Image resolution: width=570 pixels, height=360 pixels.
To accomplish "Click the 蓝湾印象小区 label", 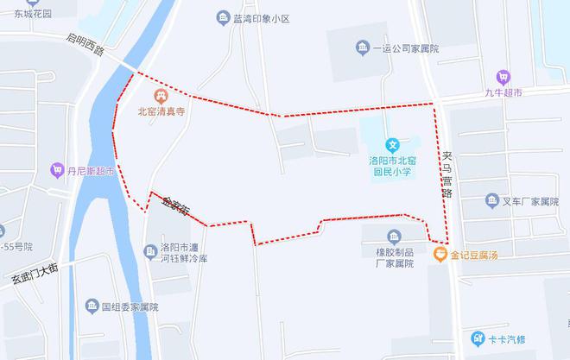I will (x=262, y=18).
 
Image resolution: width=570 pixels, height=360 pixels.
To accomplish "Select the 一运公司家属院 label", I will (x=406, y=48).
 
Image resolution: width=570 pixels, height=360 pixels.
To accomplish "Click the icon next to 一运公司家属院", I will (x=361, y=47).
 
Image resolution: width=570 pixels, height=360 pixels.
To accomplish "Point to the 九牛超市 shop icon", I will (x=503, y=77).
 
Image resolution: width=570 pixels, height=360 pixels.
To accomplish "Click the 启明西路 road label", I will (x=85, y=44).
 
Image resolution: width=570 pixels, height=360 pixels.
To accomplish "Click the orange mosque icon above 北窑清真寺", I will (x=160, y=95).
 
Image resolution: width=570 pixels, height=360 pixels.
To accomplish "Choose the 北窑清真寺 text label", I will (x=161, y=111).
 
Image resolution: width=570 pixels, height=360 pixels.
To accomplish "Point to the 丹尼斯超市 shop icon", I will (x=58, y=170).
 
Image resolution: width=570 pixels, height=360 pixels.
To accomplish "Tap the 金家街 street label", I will (x=176, y=205).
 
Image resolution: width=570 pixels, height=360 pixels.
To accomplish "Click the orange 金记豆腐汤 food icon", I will (x=440, y=254).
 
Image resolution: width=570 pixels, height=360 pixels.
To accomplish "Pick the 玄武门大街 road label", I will (x=35, y=275).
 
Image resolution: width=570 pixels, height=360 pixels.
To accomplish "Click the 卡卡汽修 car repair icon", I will (x=477, y=338).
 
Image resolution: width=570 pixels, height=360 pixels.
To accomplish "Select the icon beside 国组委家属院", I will (x=92, y=306).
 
